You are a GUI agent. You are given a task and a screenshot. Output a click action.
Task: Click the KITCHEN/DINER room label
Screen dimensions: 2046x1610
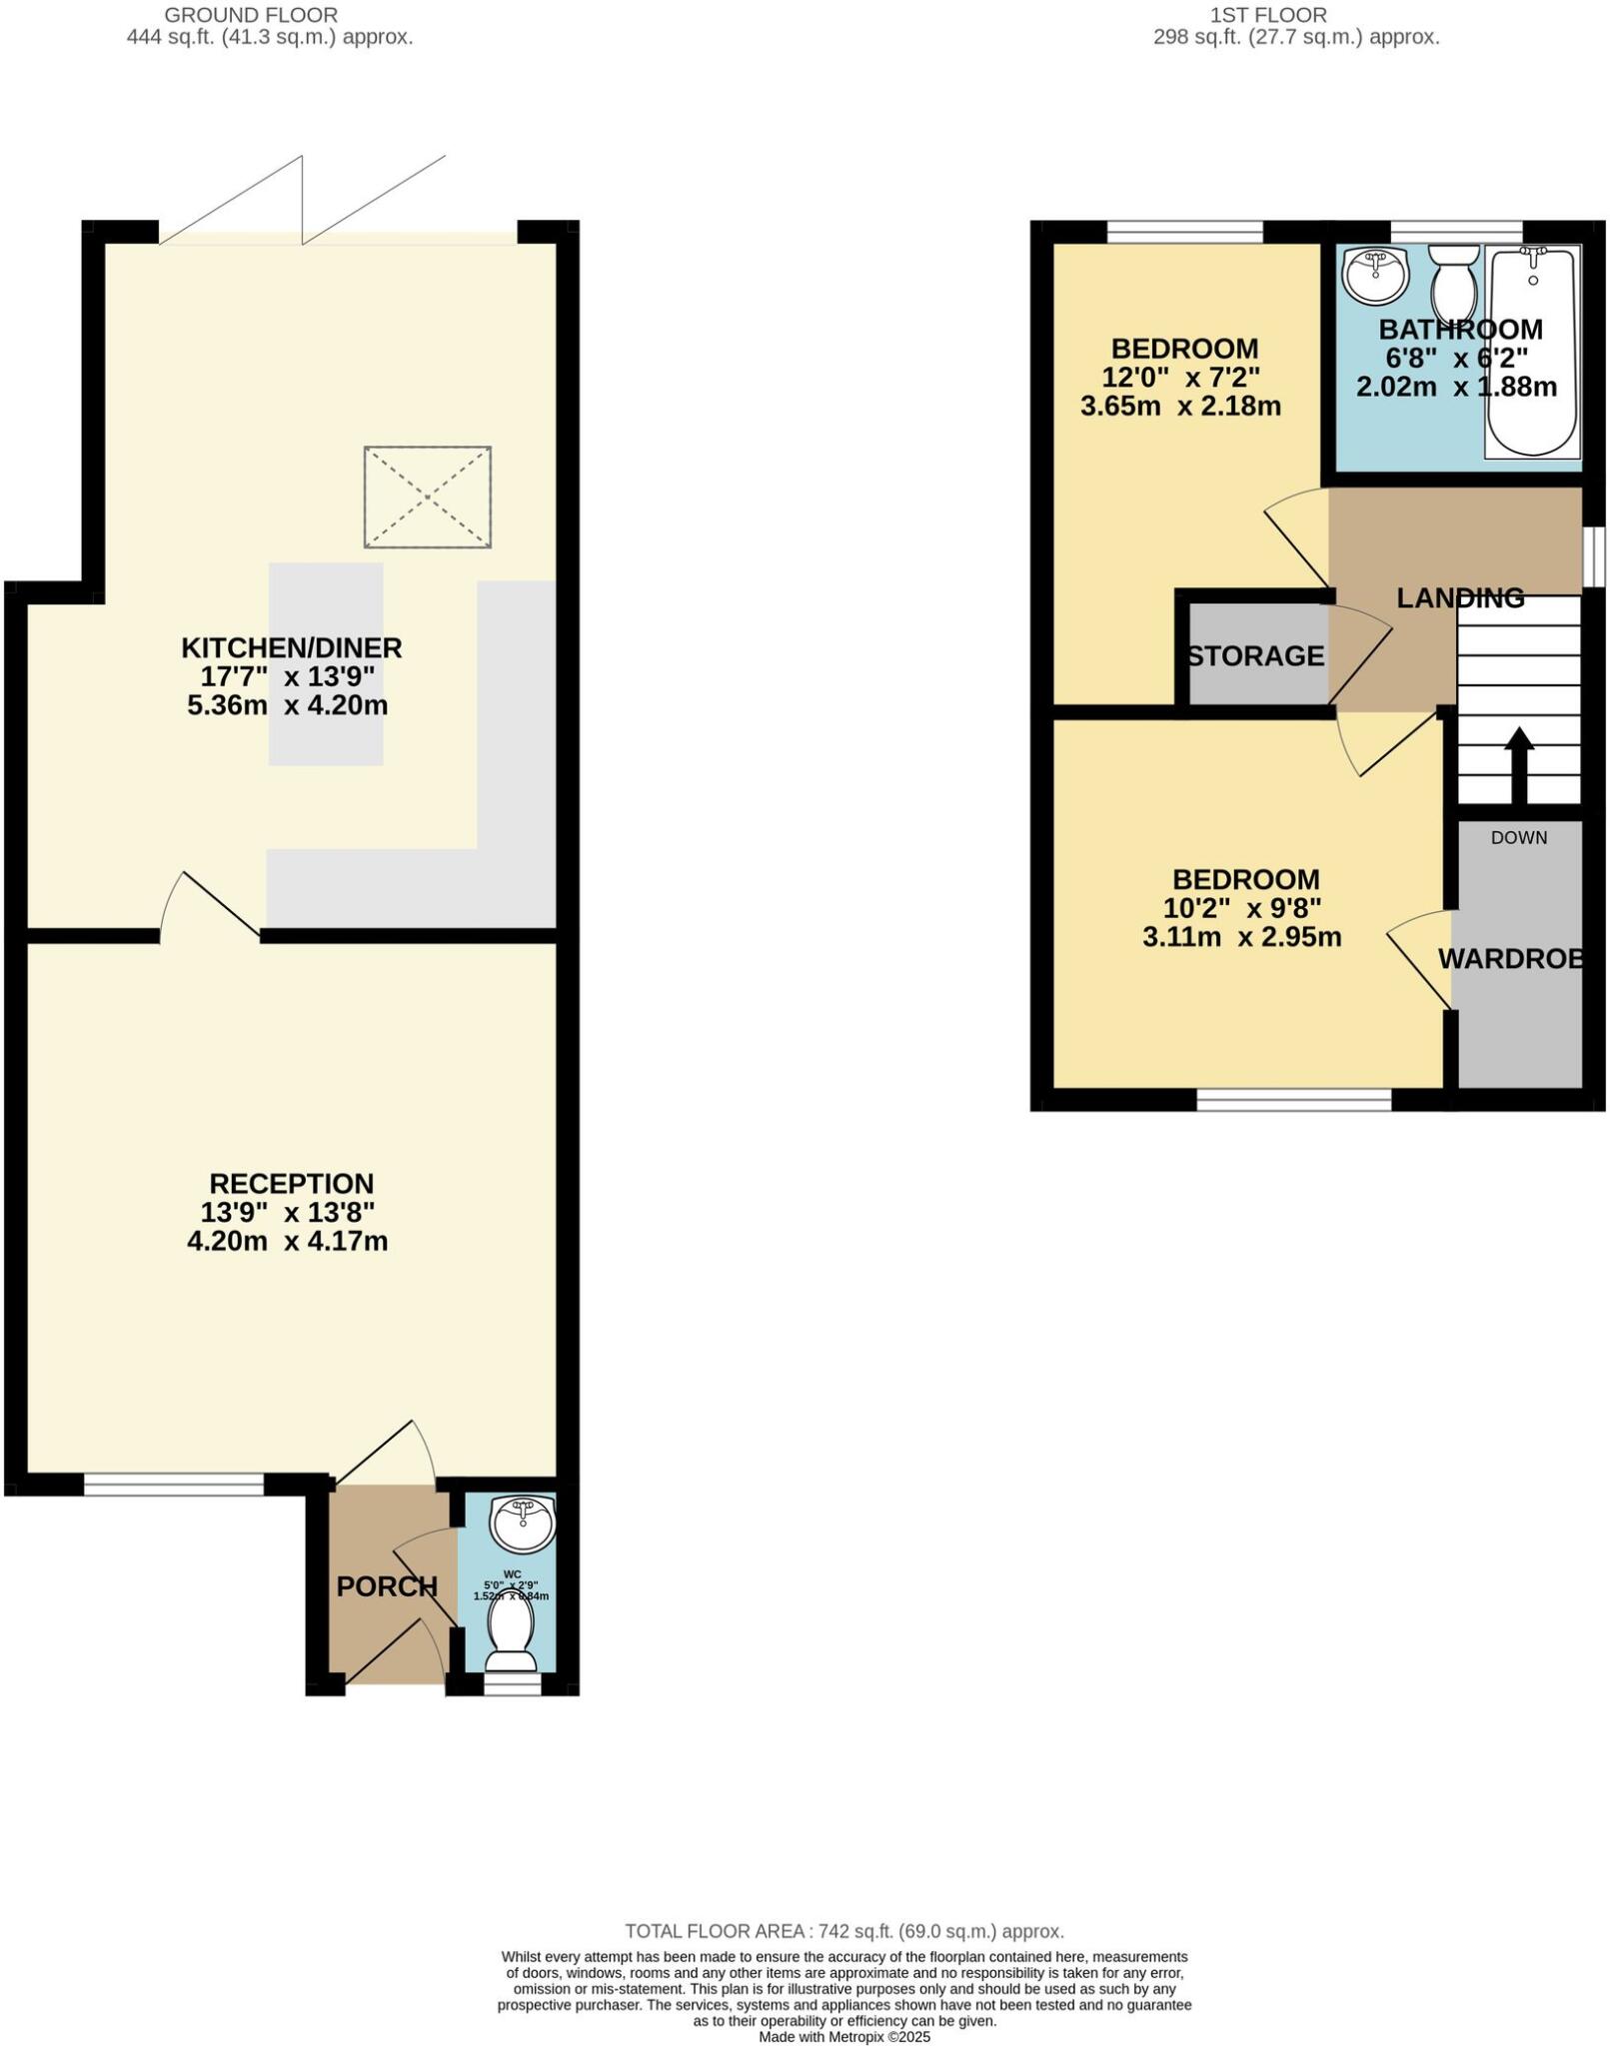pos(291,647)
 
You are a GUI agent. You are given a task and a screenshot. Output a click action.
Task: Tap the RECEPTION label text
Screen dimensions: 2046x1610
pos(291,1183)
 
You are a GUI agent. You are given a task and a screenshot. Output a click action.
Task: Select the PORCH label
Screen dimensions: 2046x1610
pos(387,1586)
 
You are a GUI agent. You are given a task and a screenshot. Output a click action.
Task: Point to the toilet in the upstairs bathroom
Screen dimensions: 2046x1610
pos(1454,282)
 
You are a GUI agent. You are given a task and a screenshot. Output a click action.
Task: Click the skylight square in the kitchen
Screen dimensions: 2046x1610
pos(427,497)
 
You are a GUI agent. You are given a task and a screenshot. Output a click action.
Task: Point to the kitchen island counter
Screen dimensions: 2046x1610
pos(326,663)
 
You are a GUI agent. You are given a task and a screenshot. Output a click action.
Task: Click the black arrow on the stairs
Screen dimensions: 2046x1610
pos(1518,763)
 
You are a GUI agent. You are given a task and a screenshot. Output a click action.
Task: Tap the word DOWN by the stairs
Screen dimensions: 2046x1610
pos(1518,837)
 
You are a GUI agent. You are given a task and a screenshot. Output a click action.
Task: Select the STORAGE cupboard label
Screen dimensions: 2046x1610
pos(1255,655)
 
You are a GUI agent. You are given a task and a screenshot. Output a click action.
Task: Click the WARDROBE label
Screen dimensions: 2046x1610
pos(1511,958)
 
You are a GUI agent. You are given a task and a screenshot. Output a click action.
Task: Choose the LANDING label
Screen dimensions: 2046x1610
pos(1460,597)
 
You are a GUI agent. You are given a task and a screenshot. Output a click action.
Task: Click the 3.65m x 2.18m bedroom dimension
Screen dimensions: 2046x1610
pos(1180,407)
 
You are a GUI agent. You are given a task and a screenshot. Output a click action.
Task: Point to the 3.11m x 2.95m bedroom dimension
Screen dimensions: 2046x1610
pos(1242,937)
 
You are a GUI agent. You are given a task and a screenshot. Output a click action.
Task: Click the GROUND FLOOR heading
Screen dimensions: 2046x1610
pos(251,15)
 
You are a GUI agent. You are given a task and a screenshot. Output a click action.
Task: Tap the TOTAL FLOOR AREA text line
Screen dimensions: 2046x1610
pos(843,1931)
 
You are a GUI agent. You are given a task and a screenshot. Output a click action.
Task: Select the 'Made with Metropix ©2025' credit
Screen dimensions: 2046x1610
pos(844,2036)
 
